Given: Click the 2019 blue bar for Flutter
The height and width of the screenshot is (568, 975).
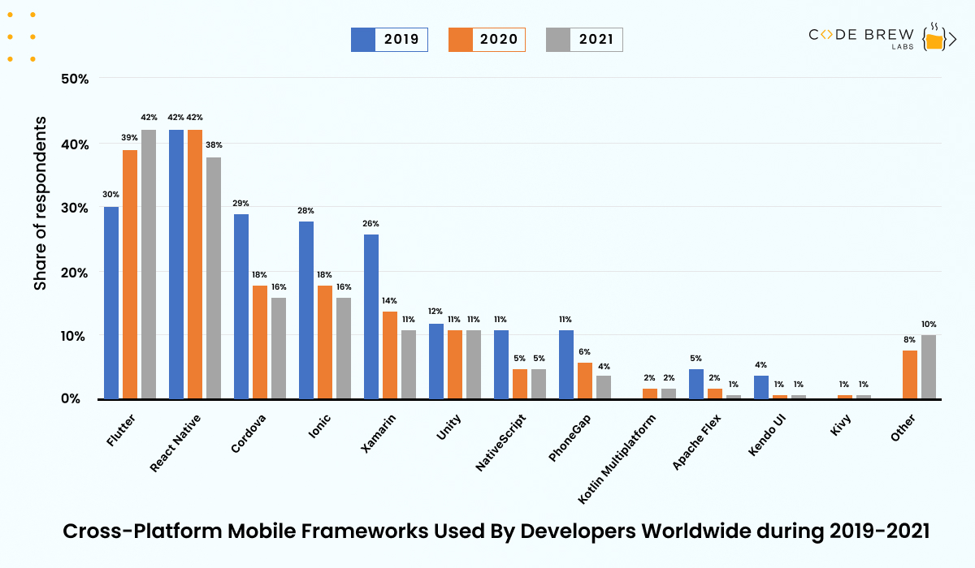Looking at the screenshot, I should coord(111,303).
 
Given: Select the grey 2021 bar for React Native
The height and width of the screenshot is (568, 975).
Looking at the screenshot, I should coord(214,278).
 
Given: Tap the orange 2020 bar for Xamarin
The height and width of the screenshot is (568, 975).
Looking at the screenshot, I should coord(390,355).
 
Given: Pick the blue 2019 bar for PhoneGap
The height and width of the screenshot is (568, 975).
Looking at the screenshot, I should coord(566,364).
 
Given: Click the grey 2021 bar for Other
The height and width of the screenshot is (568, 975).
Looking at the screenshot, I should coord(929,367).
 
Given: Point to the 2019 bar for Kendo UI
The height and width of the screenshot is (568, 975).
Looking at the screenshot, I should coord(761,387).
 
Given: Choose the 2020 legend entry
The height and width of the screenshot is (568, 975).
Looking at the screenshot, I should coord(487,39).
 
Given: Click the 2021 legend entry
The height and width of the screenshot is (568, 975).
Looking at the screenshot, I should coord(584,39).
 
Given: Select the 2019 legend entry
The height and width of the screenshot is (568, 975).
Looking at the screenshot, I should coord(389,39).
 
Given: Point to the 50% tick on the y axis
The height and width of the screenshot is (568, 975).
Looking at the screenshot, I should coord(76,79).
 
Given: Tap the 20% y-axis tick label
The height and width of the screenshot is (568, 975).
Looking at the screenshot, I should coord(76,272).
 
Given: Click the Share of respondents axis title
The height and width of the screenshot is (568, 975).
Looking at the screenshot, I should coord(41,203).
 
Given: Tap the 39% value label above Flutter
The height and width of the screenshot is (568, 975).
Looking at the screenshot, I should coord(130,138).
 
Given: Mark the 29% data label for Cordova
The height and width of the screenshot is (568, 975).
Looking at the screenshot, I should coord(241,203).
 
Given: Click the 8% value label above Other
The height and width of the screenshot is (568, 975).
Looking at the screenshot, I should coord(909,339).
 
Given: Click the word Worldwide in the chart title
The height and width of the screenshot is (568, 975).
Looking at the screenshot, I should coord(699,531).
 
